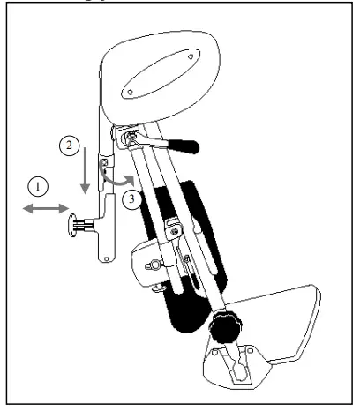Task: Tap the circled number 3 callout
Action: (130, 198)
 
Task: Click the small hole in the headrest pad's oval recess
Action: (130, 90)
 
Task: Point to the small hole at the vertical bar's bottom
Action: (106, 258)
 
